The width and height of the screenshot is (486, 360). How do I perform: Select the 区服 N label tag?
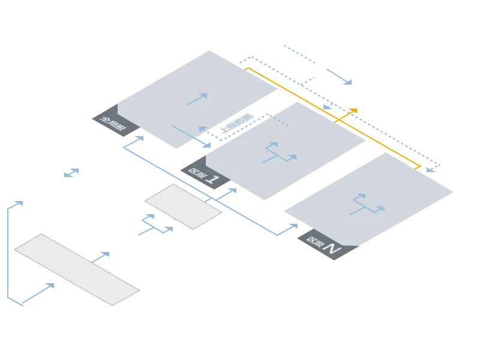pyautogui.click(x=323, y=246)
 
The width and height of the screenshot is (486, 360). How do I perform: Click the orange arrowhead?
pyautogui.click(x=353, y=111)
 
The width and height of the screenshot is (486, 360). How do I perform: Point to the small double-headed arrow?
pyautogui.click(x=71, y=173)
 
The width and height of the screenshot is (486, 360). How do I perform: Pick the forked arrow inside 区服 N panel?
pyautogui.click(x=367, y=204)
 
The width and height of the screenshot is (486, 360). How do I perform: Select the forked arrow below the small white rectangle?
pyautogui.click(x=156, y=224)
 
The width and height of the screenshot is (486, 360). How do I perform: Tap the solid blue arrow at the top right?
pyautogui.click(x=339, y=76)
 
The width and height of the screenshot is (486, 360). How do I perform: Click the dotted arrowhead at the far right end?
pyautogui.click(x=430, y=169)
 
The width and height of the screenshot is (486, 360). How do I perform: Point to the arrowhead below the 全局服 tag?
pyautogui.click(x=139, y=138)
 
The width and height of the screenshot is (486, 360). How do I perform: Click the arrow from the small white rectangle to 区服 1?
pyautogui.click(x=226, y=193)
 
